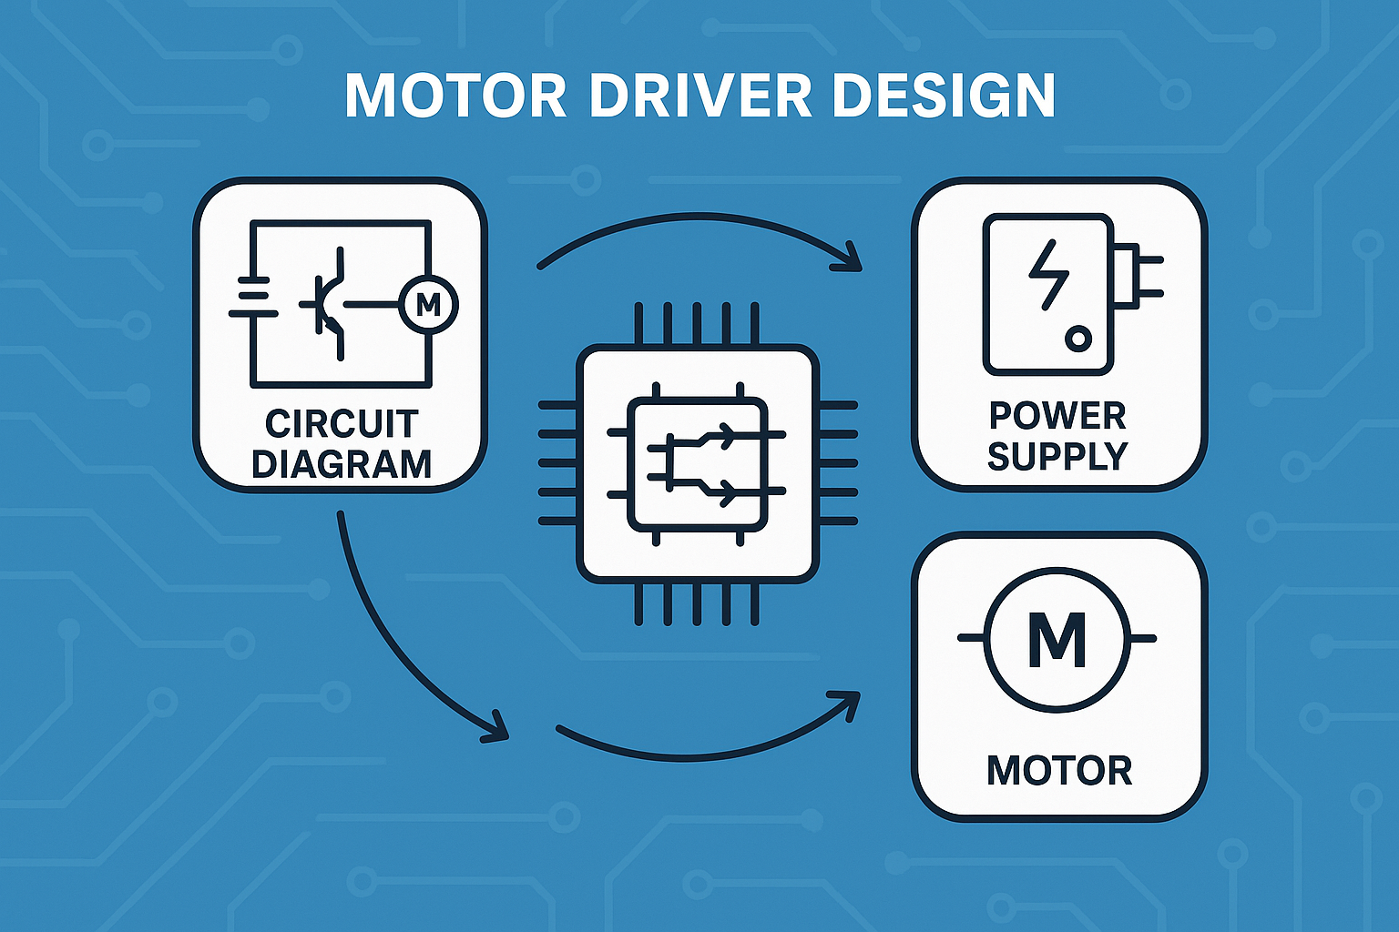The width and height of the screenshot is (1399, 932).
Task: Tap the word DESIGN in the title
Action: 944,95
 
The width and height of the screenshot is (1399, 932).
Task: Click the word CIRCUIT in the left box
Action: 342,424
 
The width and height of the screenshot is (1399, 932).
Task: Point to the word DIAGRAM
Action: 342,464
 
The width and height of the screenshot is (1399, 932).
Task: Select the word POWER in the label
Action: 1057,416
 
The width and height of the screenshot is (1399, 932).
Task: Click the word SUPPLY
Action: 1057,456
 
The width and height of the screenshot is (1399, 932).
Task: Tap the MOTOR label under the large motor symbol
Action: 1059,771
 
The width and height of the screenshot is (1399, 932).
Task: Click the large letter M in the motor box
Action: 1057,639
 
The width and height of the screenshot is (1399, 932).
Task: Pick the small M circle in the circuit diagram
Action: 428,305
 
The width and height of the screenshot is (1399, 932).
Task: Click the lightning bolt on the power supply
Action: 1049,275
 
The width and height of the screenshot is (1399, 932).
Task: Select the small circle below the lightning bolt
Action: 1077,339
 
